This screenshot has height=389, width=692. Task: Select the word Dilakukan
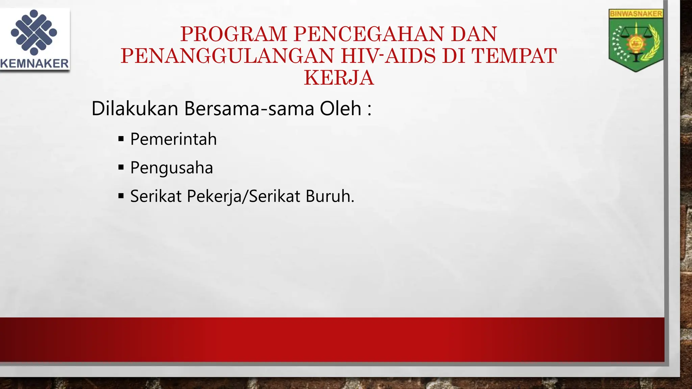click(x=135, y=109)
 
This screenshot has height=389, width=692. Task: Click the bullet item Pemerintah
click(x=173, y=139)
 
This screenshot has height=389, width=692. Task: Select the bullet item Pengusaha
click(x=172, y=168)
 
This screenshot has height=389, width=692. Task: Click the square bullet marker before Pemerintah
click(x=121, y=139)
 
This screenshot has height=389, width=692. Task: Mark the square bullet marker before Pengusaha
click(x=121, y=167)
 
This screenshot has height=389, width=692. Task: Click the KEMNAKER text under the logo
click(x=34, y=63)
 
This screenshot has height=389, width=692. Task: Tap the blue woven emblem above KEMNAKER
click(x=34, y=32)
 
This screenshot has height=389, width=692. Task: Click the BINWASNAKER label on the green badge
click(x=636, y=14)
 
